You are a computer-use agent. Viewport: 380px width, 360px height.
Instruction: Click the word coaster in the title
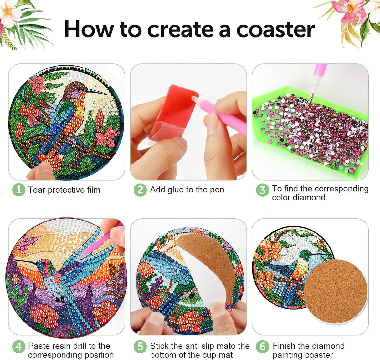point(275,30)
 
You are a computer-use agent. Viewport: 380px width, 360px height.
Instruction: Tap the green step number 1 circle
point(18,190)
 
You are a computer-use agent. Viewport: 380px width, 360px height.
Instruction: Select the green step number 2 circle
point(140,190)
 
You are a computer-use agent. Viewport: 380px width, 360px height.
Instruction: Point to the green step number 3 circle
point(262,190)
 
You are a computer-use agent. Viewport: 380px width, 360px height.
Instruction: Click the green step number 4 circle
point(18,347)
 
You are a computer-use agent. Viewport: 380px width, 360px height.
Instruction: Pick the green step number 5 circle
point(140,347)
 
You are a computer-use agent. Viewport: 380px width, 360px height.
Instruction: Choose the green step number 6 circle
point(262,347)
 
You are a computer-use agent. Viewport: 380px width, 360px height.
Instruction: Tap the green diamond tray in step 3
point(310,131)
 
